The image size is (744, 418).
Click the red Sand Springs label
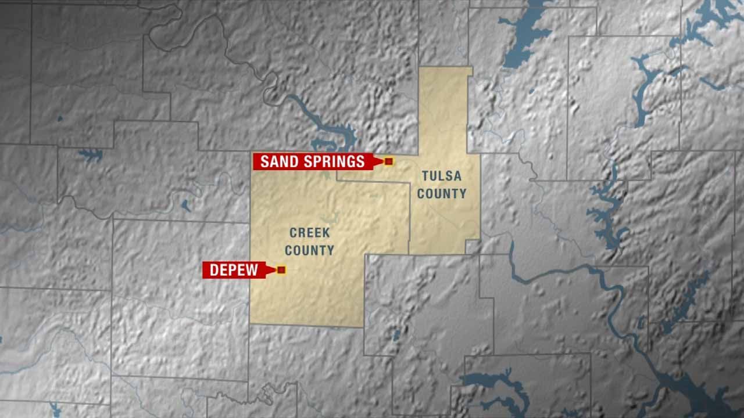coord(313,161)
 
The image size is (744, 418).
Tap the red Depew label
coord(233,270)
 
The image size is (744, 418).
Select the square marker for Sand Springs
coord(389,161)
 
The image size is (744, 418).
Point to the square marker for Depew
coord(281,270)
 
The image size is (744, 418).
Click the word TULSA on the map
coord(442,176)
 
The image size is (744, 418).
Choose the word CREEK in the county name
coord(310,233)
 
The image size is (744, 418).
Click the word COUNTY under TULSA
coord(442,194)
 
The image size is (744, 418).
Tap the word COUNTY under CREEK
coord(310,251)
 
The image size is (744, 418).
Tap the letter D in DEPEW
coord(213,270)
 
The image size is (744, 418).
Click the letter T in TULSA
coord(425,176)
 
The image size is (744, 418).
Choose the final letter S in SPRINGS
coord(361,161)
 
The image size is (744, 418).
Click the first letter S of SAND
coord(264,161)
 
